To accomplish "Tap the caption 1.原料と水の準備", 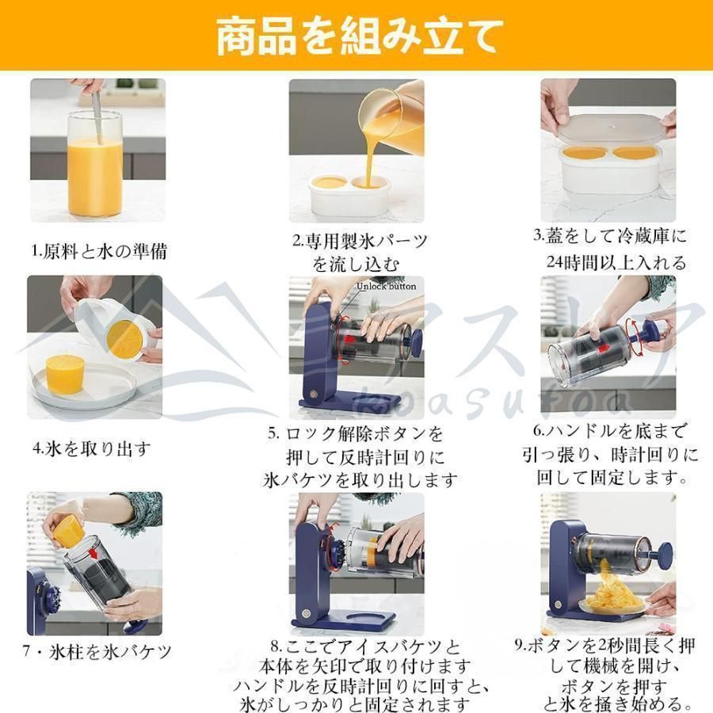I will [x=99, y=251].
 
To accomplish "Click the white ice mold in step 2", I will [x=349, y=195].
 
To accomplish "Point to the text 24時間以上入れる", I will [x=615, y=261].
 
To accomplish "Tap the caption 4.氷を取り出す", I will [x=91, y=448].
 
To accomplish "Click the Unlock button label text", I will [x=386, y=287].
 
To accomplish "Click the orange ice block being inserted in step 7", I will [x=67, y=526].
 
